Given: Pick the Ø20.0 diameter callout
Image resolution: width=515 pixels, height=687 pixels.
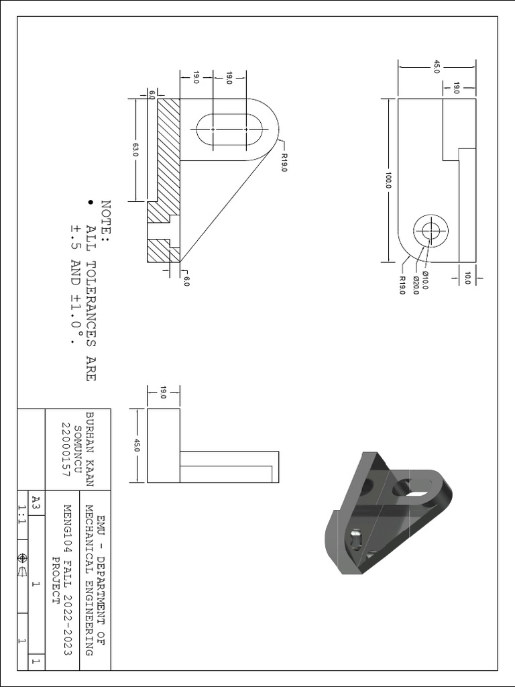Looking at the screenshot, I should pos(416,284).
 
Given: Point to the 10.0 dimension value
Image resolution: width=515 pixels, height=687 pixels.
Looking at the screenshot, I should pos(467,277).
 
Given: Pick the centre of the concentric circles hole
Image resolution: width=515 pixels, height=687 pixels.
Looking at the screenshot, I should pos(430,233).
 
